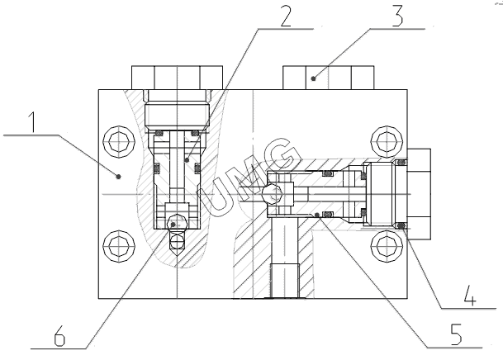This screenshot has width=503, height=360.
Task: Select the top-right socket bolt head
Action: [x=385, y=140]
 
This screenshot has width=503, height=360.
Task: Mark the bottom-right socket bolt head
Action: [x=385, y=244]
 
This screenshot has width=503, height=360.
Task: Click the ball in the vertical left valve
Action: [x=174, y=223]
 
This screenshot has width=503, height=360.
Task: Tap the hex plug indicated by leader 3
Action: [x=328, y=78]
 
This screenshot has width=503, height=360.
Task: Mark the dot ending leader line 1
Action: [x=119, y=175]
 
